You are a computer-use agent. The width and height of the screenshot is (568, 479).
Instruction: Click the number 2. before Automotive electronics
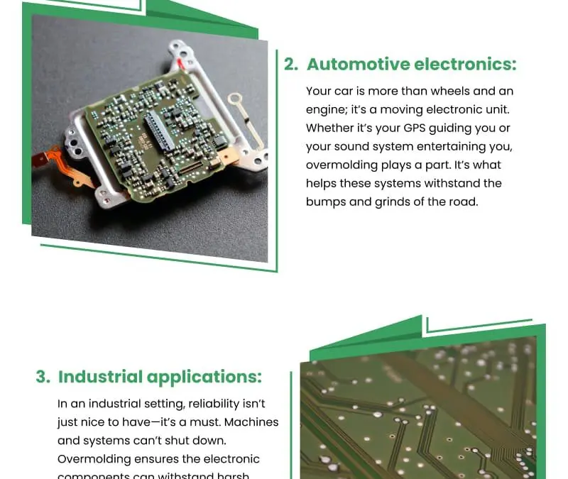pos(290,65)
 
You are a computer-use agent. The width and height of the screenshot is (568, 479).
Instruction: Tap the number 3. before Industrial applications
pos(43,377)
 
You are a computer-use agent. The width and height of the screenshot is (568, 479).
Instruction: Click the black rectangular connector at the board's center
pos(159,131)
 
